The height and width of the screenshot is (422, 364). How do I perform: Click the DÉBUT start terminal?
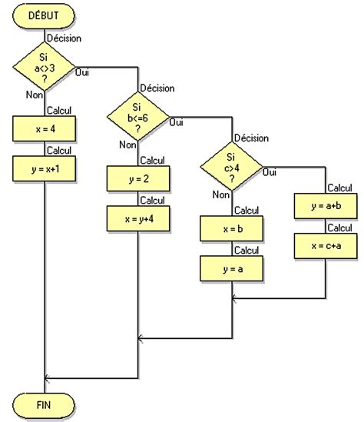click(45, 15)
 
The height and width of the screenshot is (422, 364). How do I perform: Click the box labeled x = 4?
click(45, 128)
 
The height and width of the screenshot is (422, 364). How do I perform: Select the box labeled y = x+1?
click(45, 168)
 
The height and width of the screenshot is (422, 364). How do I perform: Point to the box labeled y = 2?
click(137, 178)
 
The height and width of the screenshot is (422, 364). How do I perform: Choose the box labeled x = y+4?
click(137, 218)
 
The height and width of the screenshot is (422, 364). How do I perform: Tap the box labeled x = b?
click(231, 229)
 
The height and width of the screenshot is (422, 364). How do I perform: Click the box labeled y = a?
click(231, 268)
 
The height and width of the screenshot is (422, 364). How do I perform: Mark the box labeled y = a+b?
click(325, 206)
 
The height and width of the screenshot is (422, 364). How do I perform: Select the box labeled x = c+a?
click(325, 245)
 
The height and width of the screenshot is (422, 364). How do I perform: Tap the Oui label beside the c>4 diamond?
click(270, 173)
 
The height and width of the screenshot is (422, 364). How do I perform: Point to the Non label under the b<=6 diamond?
click(127, 145)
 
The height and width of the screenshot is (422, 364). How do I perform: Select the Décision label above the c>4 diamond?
click(250, 138)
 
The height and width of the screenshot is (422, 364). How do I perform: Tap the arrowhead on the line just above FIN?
click(48, 377)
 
